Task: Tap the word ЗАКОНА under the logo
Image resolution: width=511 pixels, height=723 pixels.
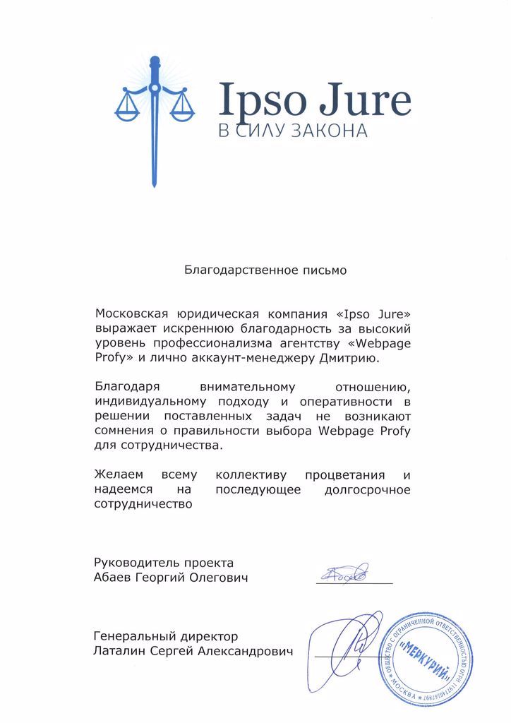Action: [331, 132]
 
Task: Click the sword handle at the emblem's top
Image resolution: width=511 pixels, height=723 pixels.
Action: [153, 71]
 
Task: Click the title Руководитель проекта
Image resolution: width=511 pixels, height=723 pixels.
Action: [163, 563]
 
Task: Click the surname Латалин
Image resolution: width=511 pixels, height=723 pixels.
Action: [117, 652]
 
